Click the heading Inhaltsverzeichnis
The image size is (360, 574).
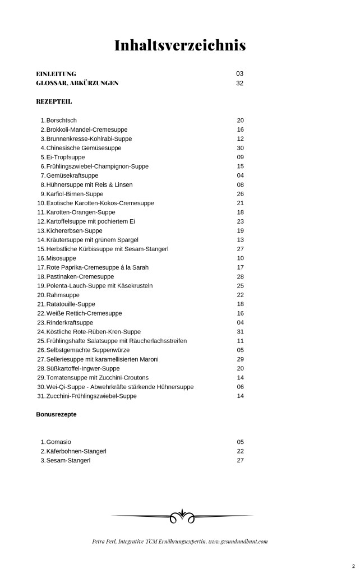tap(180, 45)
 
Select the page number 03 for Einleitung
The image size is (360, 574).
tap(240, 73)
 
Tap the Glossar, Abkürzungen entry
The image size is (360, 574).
tap(77, 83)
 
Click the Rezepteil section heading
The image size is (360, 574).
tap(54, 101)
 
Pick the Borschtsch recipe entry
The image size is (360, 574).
tap(62, 120)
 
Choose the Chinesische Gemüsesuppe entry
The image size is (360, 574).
tap(84, 148)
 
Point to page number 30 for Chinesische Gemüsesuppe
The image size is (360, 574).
tap(240, 148)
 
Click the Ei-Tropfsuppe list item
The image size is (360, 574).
tap(66, 157)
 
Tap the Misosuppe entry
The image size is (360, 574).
tap(62, 258)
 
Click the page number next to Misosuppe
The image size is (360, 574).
tap(240, 258)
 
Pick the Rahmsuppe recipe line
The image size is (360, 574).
tap(63, 295)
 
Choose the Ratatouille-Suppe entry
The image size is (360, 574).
tap(71, 304)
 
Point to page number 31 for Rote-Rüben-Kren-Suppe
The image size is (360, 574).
tap(240, 331)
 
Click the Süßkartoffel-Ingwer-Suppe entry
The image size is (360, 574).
tap(83, 368)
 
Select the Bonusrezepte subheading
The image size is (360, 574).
tap(56, 415)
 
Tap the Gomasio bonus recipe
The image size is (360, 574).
tap(59, 442)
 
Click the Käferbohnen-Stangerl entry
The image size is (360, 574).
tap(76, 451)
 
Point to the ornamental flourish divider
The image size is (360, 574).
tap(182, 516)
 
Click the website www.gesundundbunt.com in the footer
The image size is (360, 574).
tap(238, 541)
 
